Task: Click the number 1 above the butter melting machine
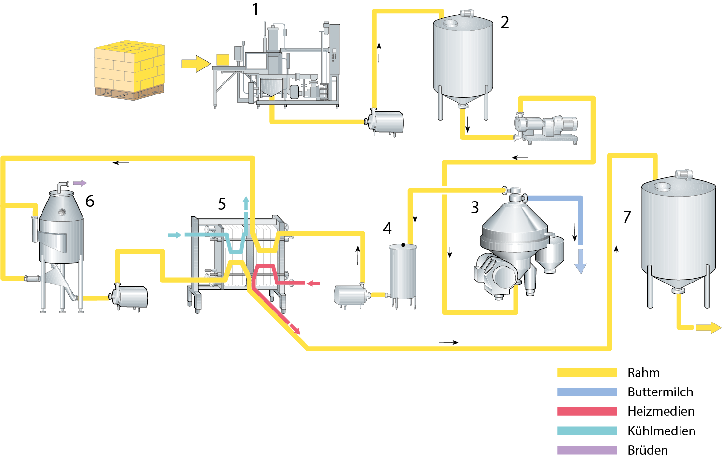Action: [255, 10]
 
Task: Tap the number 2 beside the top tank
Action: [505, 22]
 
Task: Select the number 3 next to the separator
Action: [475, 207]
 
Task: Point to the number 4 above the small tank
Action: [387, 229]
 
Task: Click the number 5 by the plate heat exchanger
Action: [222, 204]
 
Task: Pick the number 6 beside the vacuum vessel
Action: [90, 201]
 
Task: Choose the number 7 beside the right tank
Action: [627, 217]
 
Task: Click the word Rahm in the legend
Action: [643, 373]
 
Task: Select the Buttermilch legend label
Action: [660, 392]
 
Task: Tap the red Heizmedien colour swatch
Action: [587, 411]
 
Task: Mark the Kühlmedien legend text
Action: [661, 431]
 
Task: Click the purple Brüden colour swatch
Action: [587, 450]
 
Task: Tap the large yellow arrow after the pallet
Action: [196, 64]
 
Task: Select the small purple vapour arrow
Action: [80, 183]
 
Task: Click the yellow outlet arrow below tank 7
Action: [709, 328]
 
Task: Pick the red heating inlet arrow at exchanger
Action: [314, 283]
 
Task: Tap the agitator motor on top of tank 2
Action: [467, 13]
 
